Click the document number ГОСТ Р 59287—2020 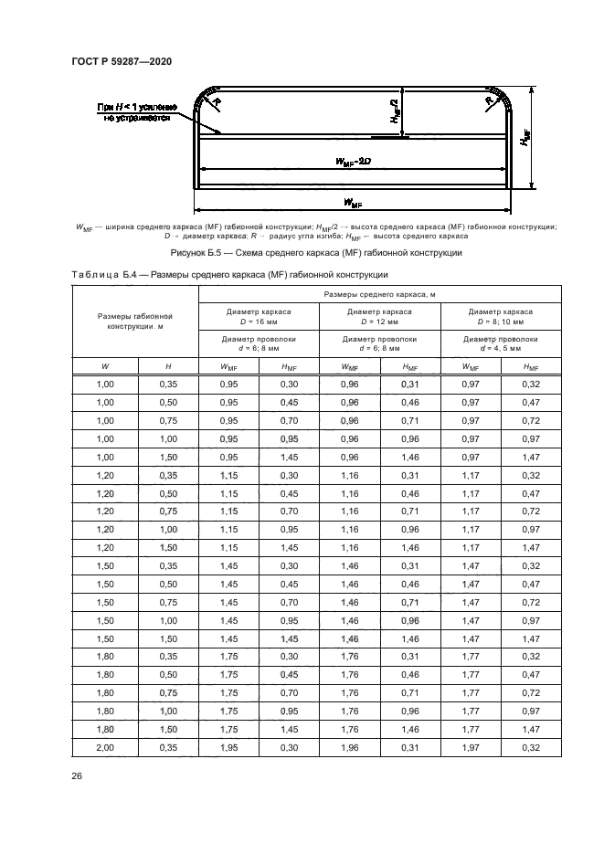point(121,61)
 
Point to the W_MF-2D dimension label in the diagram point(351,163)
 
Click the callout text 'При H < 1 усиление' point(138,108)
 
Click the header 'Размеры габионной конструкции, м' point(135,321)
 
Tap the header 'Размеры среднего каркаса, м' point(378,294)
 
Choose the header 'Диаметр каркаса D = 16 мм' point(259,316)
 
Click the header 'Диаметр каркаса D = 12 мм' point(379,316)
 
